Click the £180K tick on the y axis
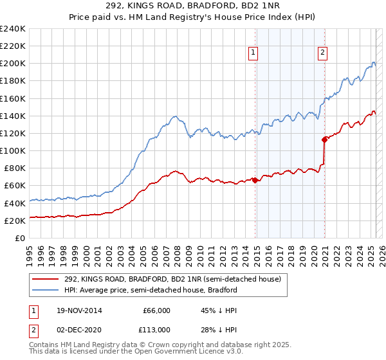coord(13,81)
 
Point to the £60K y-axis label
coord(15,185)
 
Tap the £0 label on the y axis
coord(21,238)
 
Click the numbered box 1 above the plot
coord(253,53)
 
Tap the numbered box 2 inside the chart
coord(322,53)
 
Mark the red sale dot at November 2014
coord(255,180)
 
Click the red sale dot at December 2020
coord(324,139)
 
